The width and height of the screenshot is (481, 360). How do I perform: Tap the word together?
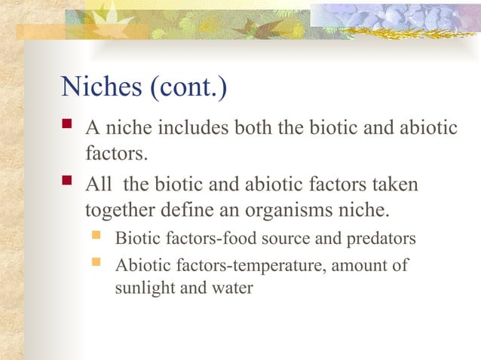tap(120, 209)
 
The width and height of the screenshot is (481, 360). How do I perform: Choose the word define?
tap(190, 209)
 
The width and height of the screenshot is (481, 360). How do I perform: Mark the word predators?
tap(384, 239)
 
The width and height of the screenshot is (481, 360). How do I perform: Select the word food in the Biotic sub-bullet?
tap(232, 239)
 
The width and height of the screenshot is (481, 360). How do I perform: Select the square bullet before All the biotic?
tap(69, 184)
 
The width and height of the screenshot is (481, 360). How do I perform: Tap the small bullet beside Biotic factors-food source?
tap(96, 238)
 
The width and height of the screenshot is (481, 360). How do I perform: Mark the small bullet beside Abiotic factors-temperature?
tap(96, 264)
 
